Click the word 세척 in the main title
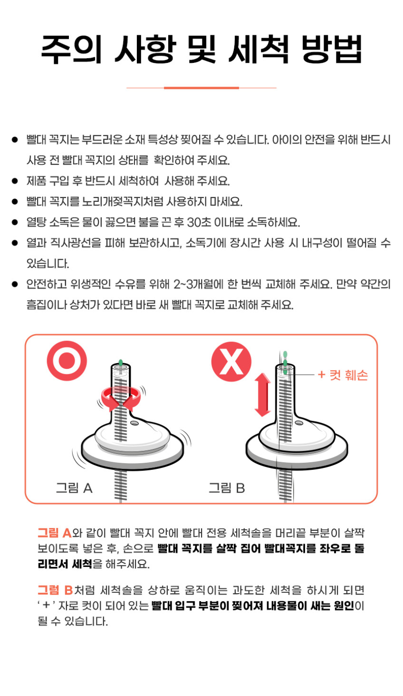(259, 49)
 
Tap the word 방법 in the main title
(332, 49)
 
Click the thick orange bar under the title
(201, 88)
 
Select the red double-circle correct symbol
(67, 361)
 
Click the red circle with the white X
(231, 362)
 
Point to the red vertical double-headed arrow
(263, 395)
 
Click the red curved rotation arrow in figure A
(121, 398)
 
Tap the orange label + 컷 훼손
(343, 375)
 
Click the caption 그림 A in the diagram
(74, 488)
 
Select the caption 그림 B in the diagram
(227, 488)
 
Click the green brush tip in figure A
(121, 363)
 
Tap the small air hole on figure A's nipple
(134, 423)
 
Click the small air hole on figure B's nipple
(299, 423)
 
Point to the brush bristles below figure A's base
(121, 485)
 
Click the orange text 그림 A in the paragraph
(55, 533)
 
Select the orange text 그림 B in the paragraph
(55, 590)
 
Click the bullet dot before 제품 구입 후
(15, 181)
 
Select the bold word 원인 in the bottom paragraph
(344, 606)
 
